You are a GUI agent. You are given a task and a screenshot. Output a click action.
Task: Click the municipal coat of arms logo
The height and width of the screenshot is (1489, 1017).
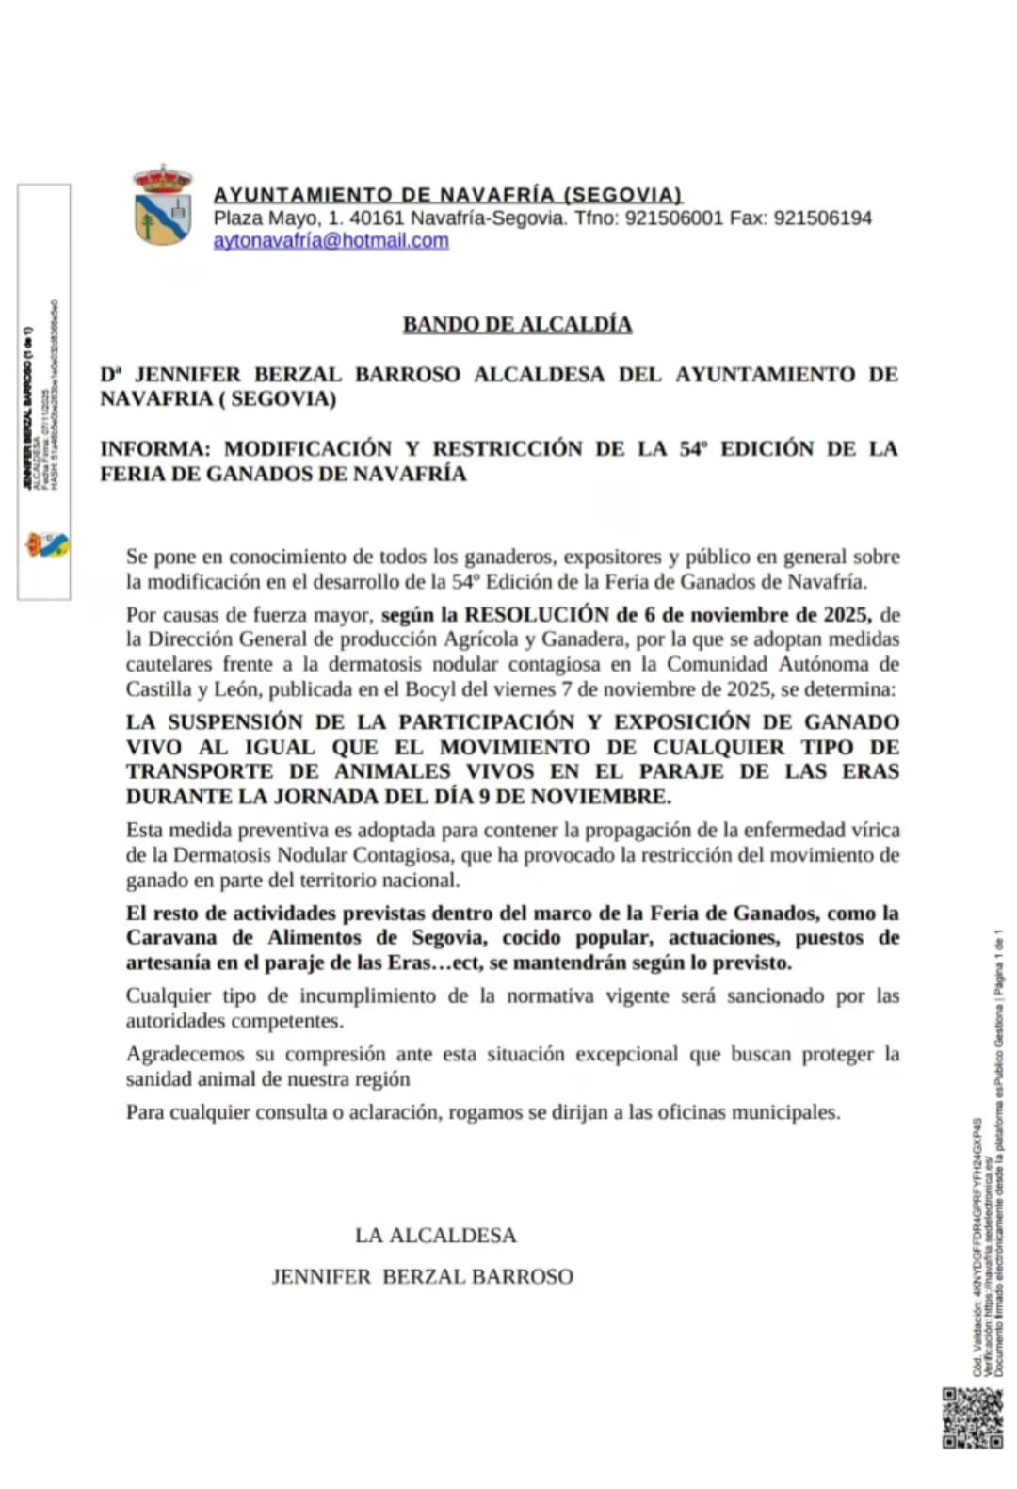162,205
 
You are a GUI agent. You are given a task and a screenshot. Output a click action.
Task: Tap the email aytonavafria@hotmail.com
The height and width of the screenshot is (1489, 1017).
331,240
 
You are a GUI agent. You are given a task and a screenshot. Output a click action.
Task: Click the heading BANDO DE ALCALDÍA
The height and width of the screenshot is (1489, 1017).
517,324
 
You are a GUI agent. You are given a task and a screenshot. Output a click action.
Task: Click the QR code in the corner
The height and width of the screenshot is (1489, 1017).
972,1417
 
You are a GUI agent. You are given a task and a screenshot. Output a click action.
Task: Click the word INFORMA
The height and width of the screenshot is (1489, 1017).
153,448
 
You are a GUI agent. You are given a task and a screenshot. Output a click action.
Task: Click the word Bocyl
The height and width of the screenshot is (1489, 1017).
429,688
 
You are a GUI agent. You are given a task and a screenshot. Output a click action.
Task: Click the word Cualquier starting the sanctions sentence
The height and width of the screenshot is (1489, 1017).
169,996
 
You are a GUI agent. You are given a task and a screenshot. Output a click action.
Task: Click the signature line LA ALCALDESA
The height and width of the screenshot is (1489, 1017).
435,1235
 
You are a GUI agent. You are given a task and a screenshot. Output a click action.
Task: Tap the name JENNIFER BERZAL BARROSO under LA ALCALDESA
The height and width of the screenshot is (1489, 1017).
422,1276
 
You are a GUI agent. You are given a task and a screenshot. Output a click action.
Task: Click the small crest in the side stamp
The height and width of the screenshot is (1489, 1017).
47,544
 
